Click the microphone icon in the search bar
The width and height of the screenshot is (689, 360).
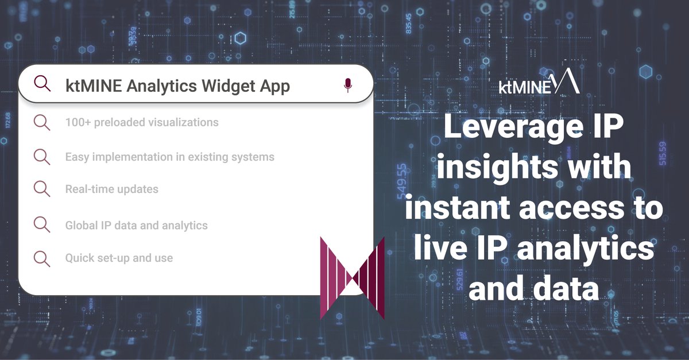[x=347, y=86]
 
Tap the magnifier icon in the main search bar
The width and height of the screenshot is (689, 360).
[x=42, y=84]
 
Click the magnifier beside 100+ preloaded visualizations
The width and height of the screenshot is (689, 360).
[x=41, y=122]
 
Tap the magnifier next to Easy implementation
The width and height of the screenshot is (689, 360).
[x=41, y=157]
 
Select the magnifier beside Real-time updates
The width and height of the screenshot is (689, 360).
[x=41, y=189]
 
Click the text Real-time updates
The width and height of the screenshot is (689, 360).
[x=111, y=189]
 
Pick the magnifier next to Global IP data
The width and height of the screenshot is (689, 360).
[x=41, y=225]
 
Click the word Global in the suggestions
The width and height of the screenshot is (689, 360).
[x=82, y=226]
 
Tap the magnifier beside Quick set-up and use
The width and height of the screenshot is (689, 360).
[x=41, y=258]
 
